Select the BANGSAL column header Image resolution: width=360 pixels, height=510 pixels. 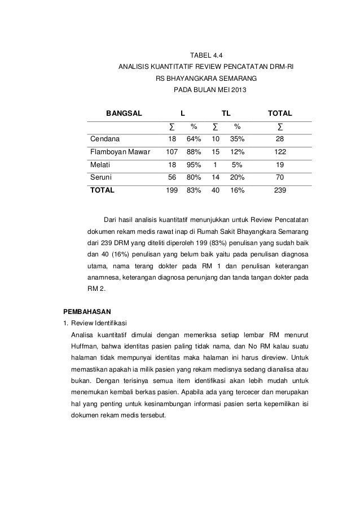pyautogui.click(x=124, y=112)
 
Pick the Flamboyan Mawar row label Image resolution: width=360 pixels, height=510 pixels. pyautogui.click(x=117, y=151)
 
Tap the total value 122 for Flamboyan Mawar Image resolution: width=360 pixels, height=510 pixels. pyautogui.click(x=279, y=151)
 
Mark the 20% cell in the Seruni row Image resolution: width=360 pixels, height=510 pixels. pyautogui.click(x=237, y=177)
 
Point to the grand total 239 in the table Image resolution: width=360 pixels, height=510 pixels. pyautogui.click(x=279, y=190)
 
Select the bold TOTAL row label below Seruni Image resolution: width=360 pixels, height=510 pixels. pyautogui.click(x=102, y=190)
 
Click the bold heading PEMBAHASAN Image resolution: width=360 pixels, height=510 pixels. pyautogui.click(x=87, y=311)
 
